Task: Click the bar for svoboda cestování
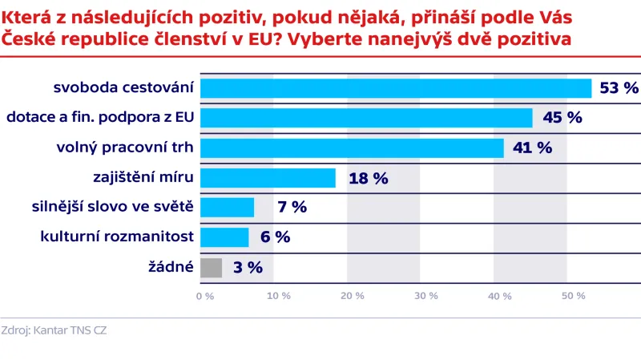pyautogui.click(x=396, y=88)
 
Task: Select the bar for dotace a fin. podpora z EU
pyautogui.click(x=366, y=118)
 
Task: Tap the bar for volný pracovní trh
pyautogui.click(x=352, y=148)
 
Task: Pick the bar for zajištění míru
pyautogui.click(x=268, y=177)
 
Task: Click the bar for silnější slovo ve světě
pyautogui.click(x=227, y=207)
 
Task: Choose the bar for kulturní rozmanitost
pyautogui.click(x=224, y=237)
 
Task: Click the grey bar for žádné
pyautogui.click(x=211, y=267)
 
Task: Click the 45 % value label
pyautogui.click(x=562, y=118)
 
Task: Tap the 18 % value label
pyautogui.click(x=368, y=178)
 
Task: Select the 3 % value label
pyautogui.click(x=248, y=268)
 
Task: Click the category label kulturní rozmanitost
pyautogui.click(x=117, y=237)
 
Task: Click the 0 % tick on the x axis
pyautogui.click(x=205, y=296)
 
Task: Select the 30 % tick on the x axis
pyautogui.click(x=426, y=296)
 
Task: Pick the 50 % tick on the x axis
pyautogui.click(x=574, y=296)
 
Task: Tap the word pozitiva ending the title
pyautogui.click(x=536, y=39)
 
